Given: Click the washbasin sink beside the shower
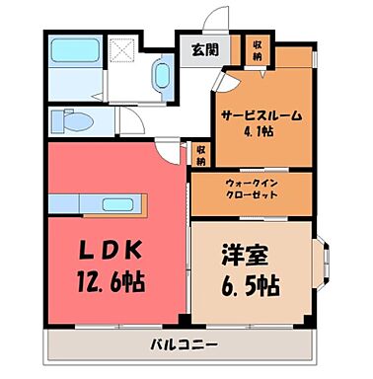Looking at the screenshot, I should pos(162,73).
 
